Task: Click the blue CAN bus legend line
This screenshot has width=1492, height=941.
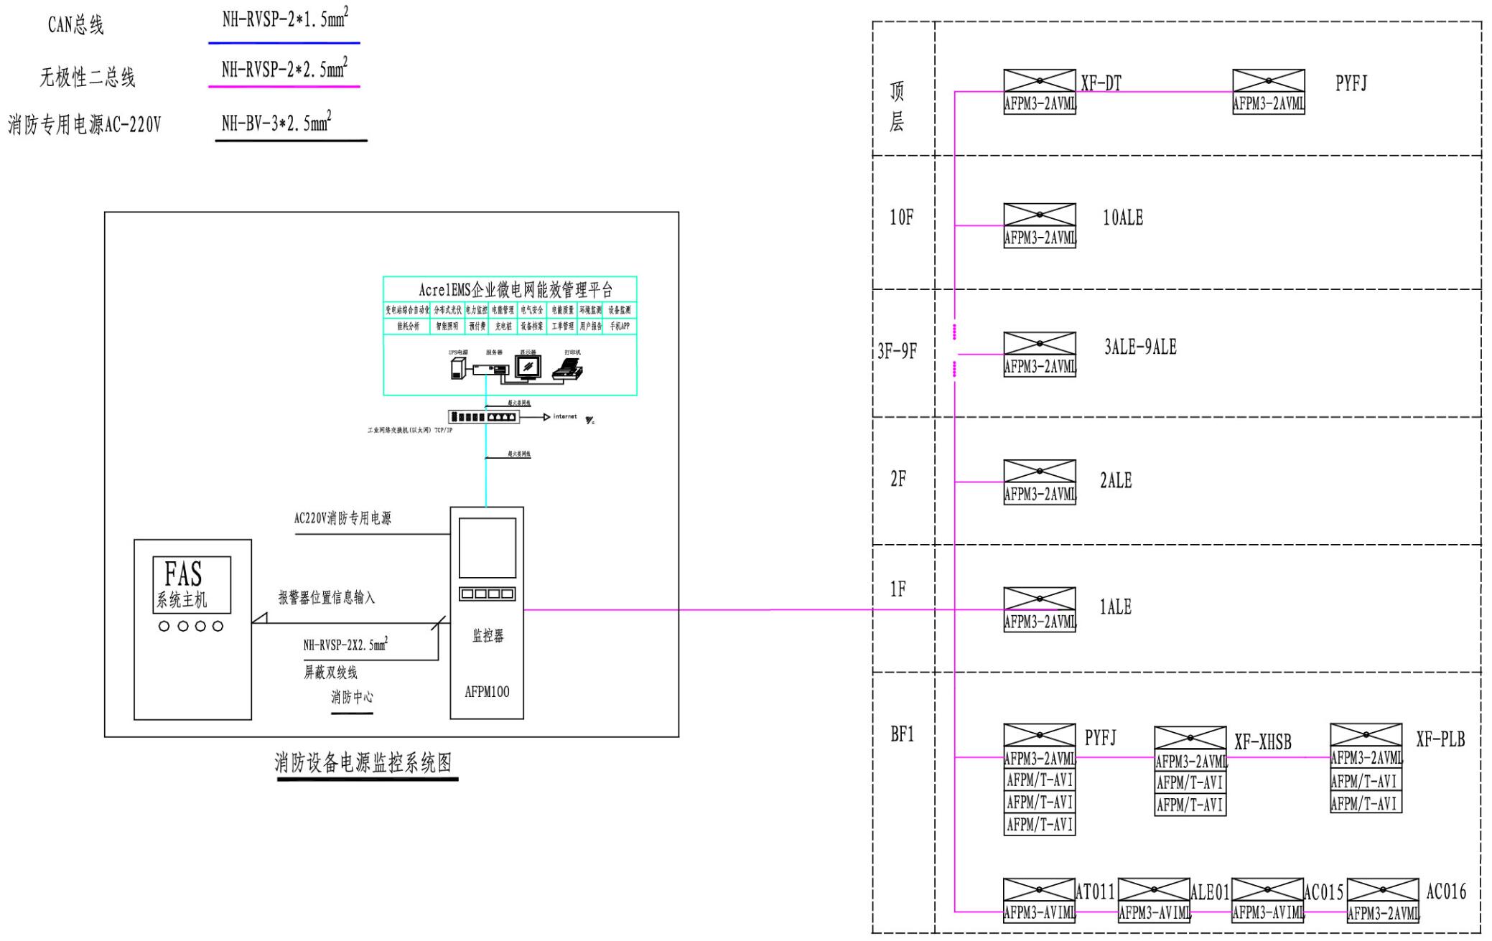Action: point(284,43)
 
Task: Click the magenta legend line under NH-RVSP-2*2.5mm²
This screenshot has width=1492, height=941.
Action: point(284,87)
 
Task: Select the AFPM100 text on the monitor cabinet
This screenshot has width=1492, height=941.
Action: point(487,692)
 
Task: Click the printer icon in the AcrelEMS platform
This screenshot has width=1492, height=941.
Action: point(567,368)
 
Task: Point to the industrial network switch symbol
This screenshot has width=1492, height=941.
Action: point(482,417)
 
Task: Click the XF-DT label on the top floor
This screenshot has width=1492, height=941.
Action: point(1101,84)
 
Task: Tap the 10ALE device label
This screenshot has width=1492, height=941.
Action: point(1123,218)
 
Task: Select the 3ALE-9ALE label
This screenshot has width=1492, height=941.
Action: point(1140,347)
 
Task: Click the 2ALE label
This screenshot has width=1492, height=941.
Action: point(1116,481)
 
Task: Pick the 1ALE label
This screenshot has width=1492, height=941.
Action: point(1115,607)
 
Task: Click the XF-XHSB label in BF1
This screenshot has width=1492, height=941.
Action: point(1262,742)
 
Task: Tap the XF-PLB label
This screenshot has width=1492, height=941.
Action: point(1440,739)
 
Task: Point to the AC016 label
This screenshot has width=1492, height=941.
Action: point(1445,892)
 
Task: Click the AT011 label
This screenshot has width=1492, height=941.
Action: point(1095,892)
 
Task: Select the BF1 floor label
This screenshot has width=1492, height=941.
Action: point(902,734)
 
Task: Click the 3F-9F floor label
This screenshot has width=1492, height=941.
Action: point(897,351)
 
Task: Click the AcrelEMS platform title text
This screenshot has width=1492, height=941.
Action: point(516,290)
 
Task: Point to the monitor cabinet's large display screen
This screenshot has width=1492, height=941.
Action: point(487,548)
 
